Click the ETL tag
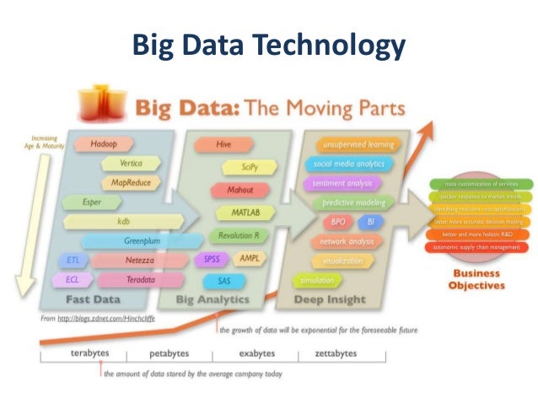(73, 260)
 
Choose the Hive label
(223, 144)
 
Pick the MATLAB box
(238, 213)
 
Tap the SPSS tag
(212, 259)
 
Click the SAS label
(224, 280)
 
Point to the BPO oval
(336, 222)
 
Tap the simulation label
(311, 280)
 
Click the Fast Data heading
(93, 299)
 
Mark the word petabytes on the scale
(169, 353)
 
